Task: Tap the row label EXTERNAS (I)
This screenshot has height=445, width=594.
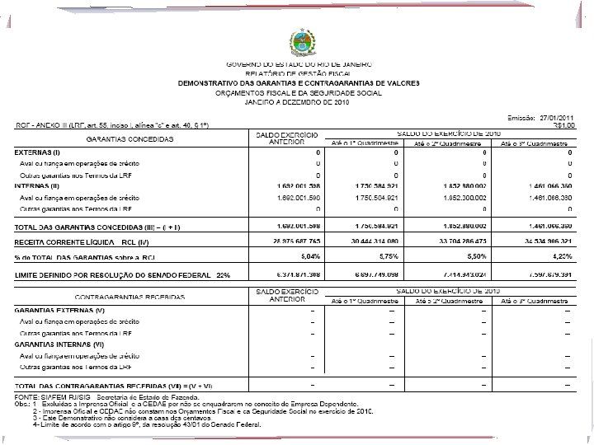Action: pos(38,153)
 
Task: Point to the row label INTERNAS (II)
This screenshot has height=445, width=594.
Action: pos(38,186)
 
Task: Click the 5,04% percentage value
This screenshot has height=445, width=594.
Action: pos(308,256)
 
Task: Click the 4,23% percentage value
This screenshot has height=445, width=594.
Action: pos(563,256)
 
